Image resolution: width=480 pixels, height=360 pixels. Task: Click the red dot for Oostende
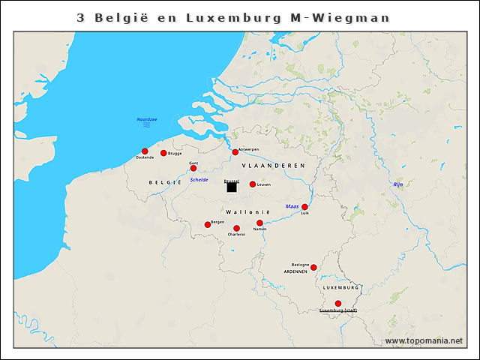coord(145,151)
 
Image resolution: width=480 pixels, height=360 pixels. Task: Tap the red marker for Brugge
coord(163,153)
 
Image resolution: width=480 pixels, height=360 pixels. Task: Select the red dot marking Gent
coord(193,168)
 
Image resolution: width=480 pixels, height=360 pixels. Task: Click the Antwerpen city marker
coord(235,152)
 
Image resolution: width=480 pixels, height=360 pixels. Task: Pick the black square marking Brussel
coord(232,187)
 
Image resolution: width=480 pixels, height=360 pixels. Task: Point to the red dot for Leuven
coord(253,184)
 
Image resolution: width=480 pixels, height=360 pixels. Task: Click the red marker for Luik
coord(304,207)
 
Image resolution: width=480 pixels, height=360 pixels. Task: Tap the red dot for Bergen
coord(208,224)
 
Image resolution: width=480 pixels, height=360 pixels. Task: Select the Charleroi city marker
coord(236,228)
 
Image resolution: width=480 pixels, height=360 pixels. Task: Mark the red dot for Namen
coord(259,223)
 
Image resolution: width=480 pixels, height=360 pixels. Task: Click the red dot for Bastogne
coord(313,268)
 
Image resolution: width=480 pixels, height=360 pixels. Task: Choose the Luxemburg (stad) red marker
coord(338,303)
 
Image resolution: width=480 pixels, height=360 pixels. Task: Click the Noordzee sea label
coord(147,119)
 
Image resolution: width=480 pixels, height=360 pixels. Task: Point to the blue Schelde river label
coord(199,180)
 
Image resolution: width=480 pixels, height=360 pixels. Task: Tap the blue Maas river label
coord(292,205)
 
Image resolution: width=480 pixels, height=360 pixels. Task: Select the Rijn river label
coord(397,184)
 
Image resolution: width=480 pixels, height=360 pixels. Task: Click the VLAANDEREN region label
coord(273,165)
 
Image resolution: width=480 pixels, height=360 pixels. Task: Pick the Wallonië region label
coord(247,213)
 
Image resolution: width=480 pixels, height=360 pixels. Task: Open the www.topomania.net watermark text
coord(424,341)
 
